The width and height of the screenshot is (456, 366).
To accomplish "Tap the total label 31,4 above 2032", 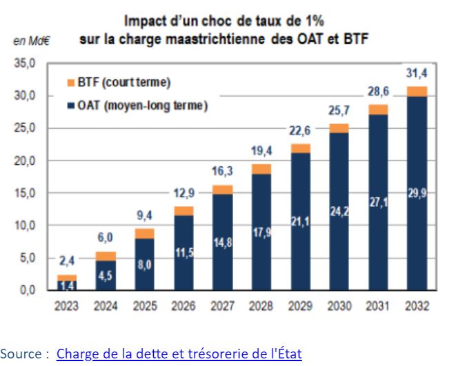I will pyautogui.click(x=416, y=74).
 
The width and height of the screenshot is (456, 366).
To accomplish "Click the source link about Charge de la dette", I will pyautogui.click(x=179, y=354).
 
